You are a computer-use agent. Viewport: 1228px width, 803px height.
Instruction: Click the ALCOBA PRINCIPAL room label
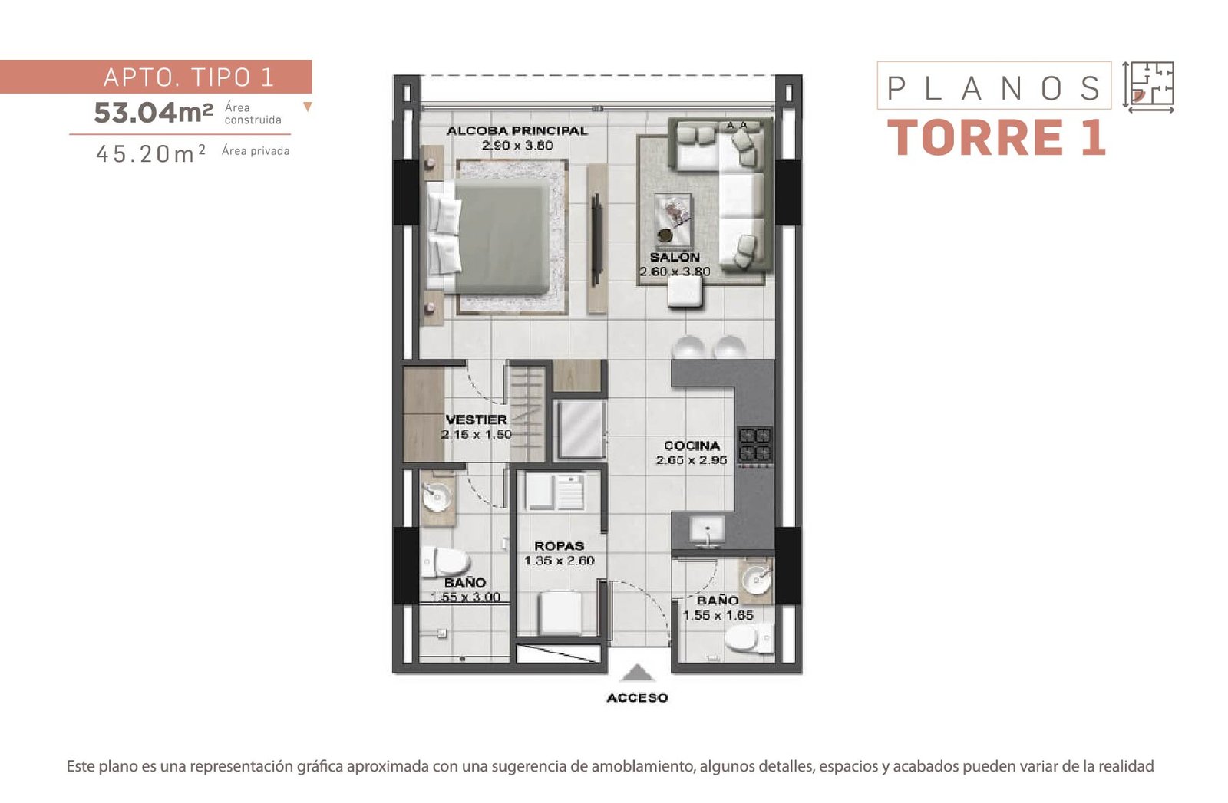(x=517, y=131)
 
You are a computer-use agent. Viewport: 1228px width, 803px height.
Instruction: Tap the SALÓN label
(x=675, y=257)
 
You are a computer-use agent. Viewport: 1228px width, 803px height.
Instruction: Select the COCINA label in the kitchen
(x=692, y=446)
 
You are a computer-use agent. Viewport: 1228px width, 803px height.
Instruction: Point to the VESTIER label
(x=476, y=420)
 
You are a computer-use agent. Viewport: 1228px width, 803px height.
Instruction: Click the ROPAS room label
(x=560, y=546)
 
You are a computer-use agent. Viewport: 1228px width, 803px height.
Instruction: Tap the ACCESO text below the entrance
(x=637, y=698)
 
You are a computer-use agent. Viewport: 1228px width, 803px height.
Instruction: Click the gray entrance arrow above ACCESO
(x=637, y=673)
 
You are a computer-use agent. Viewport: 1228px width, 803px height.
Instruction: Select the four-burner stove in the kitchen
(x=755, y=444)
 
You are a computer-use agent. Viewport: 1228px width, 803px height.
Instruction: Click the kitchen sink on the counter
(x=707, y=531)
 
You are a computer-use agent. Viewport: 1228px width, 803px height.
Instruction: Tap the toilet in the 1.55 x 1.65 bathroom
(x=749, y=638)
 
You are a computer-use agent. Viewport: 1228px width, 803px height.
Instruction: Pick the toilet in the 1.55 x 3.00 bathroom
(x=446, y=562)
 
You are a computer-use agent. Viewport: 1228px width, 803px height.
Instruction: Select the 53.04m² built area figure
(x=153, y=113)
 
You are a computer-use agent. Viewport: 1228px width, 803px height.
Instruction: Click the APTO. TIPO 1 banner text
(x=189, y=77)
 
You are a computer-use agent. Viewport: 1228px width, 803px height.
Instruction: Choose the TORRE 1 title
(x=995, y=137)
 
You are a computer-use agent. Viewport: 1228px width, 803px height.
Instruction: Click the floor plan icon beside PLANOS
(x=1148, y=87)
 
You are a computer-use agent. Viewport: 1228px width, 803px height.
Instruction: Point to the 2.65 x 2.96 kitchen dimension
(x=692, y=460)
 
